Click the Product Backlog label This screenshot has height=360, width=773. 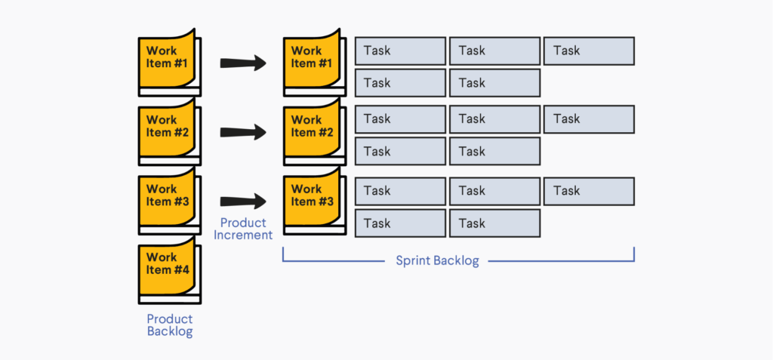169,325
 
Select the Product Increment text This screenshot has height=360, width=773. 243,229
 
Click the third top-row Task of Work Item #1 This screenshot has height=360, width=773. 589,51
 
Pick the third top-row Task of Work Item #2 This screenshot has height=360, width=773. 589,119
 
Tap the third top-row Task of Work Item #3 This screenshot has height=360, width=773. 589,191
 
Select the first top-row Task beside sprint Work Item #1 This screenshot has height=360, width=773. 400,51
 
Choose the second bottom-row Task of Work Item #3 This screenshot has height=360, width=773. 494,223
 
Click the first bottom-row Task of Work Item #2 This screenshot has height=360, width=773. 400,152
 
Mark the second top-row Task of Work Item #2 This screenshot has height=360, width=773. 494,119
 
